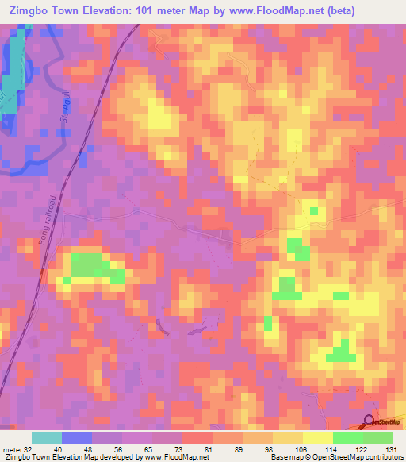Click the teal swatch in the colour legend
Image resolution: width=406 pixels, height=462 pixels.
tap(47, 437)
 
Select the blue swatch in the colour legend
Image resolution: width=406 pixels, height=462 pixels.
tap(77, 437)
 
